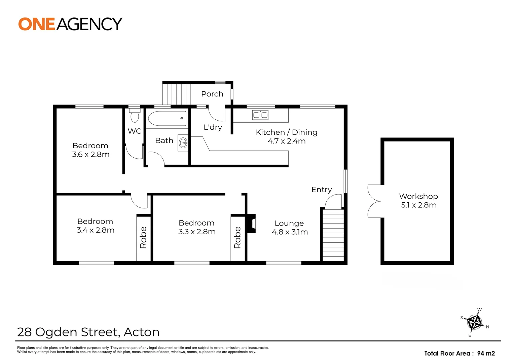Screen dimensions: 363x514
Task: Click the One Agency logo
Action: coord(70,24)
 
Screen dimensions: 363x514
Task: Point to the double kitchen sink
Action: coord(260,115)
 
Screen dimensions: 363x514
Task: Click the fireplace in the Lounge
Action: coord(251,224)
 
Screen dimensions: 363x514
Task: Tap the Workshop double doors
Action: coord(374,201)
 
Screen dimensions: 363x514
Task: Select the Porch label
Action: coord(212,94)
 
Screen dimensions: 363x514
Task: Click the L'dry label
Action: coord(213,127)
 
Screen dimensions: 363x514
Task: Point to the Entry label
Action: coord(322,190)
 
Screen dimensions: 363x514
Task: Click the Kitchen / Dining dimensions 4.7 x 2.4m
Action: coord(287,141)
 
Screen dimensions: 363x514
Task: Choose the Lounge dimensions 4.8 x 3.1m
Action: coord(290,232)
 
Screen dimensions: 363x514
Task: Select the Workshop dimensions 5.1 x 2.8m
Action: coord(418,205)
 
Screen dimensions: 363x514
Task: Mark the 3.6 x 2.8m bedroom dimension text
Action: coord(91,155)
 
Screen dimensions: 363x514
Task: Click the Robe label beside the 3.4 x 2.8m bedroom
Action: coord(143,238)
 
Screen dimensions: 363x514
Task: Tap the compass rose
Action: coord(475,322)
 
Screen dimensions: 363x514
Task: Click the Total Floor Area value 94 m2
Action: coord(486,353)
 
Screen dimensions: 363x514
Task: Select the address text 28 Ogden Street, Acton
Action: coord(88,332)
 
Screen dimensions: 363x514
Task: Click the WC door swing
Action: coord(134,152)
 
